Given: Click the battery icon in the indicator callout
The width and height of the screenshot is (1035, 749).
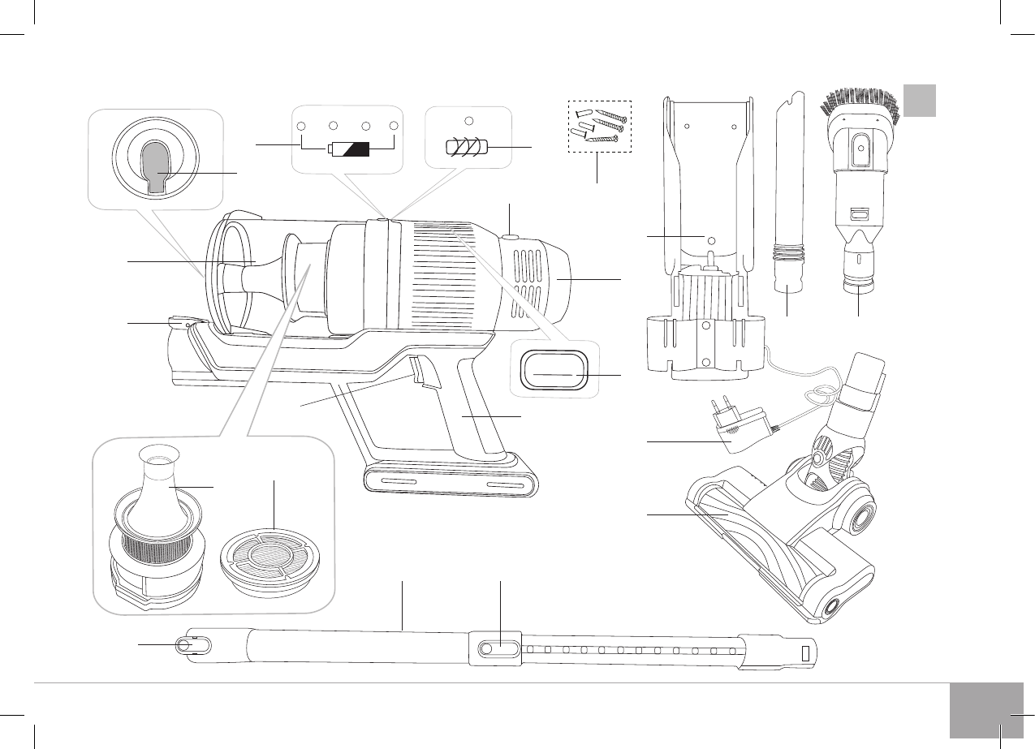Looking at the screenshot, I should (x=348, y=149).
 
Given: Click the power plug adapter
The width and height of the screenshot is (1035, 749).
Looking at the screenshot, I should (x=732, y=428).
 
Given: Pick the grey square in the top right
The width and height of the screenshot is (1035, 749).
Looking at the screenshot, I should (x=921, y=100).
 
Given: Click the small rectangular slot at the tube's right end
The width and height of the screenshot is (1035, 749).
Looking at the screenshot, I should (x=804, y=654).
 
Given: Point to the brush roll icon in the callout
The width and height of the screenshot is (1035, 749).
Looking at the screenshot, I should (x=465, y=150).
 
